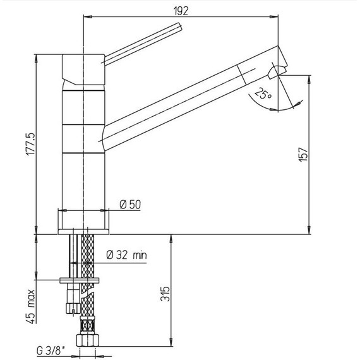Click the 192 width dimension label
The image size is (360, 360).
point(181,11)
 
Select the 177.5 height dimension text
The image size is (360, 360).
point(30,145)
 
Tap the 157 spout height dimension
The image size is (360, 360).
point(303,155)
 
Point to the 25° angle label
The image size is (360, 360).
point(263,93)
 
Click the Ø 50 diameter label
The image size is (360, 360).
point(130,205)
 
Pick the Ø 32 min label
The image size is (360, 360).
point(126,255)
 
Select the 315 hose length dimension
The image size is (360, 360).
point(165,294)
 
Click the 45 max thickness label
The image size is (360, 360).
point(31,306)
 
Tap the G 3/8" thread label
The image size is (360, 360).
point(51,351)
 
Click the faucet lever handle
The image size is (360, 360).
point(142,43)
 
